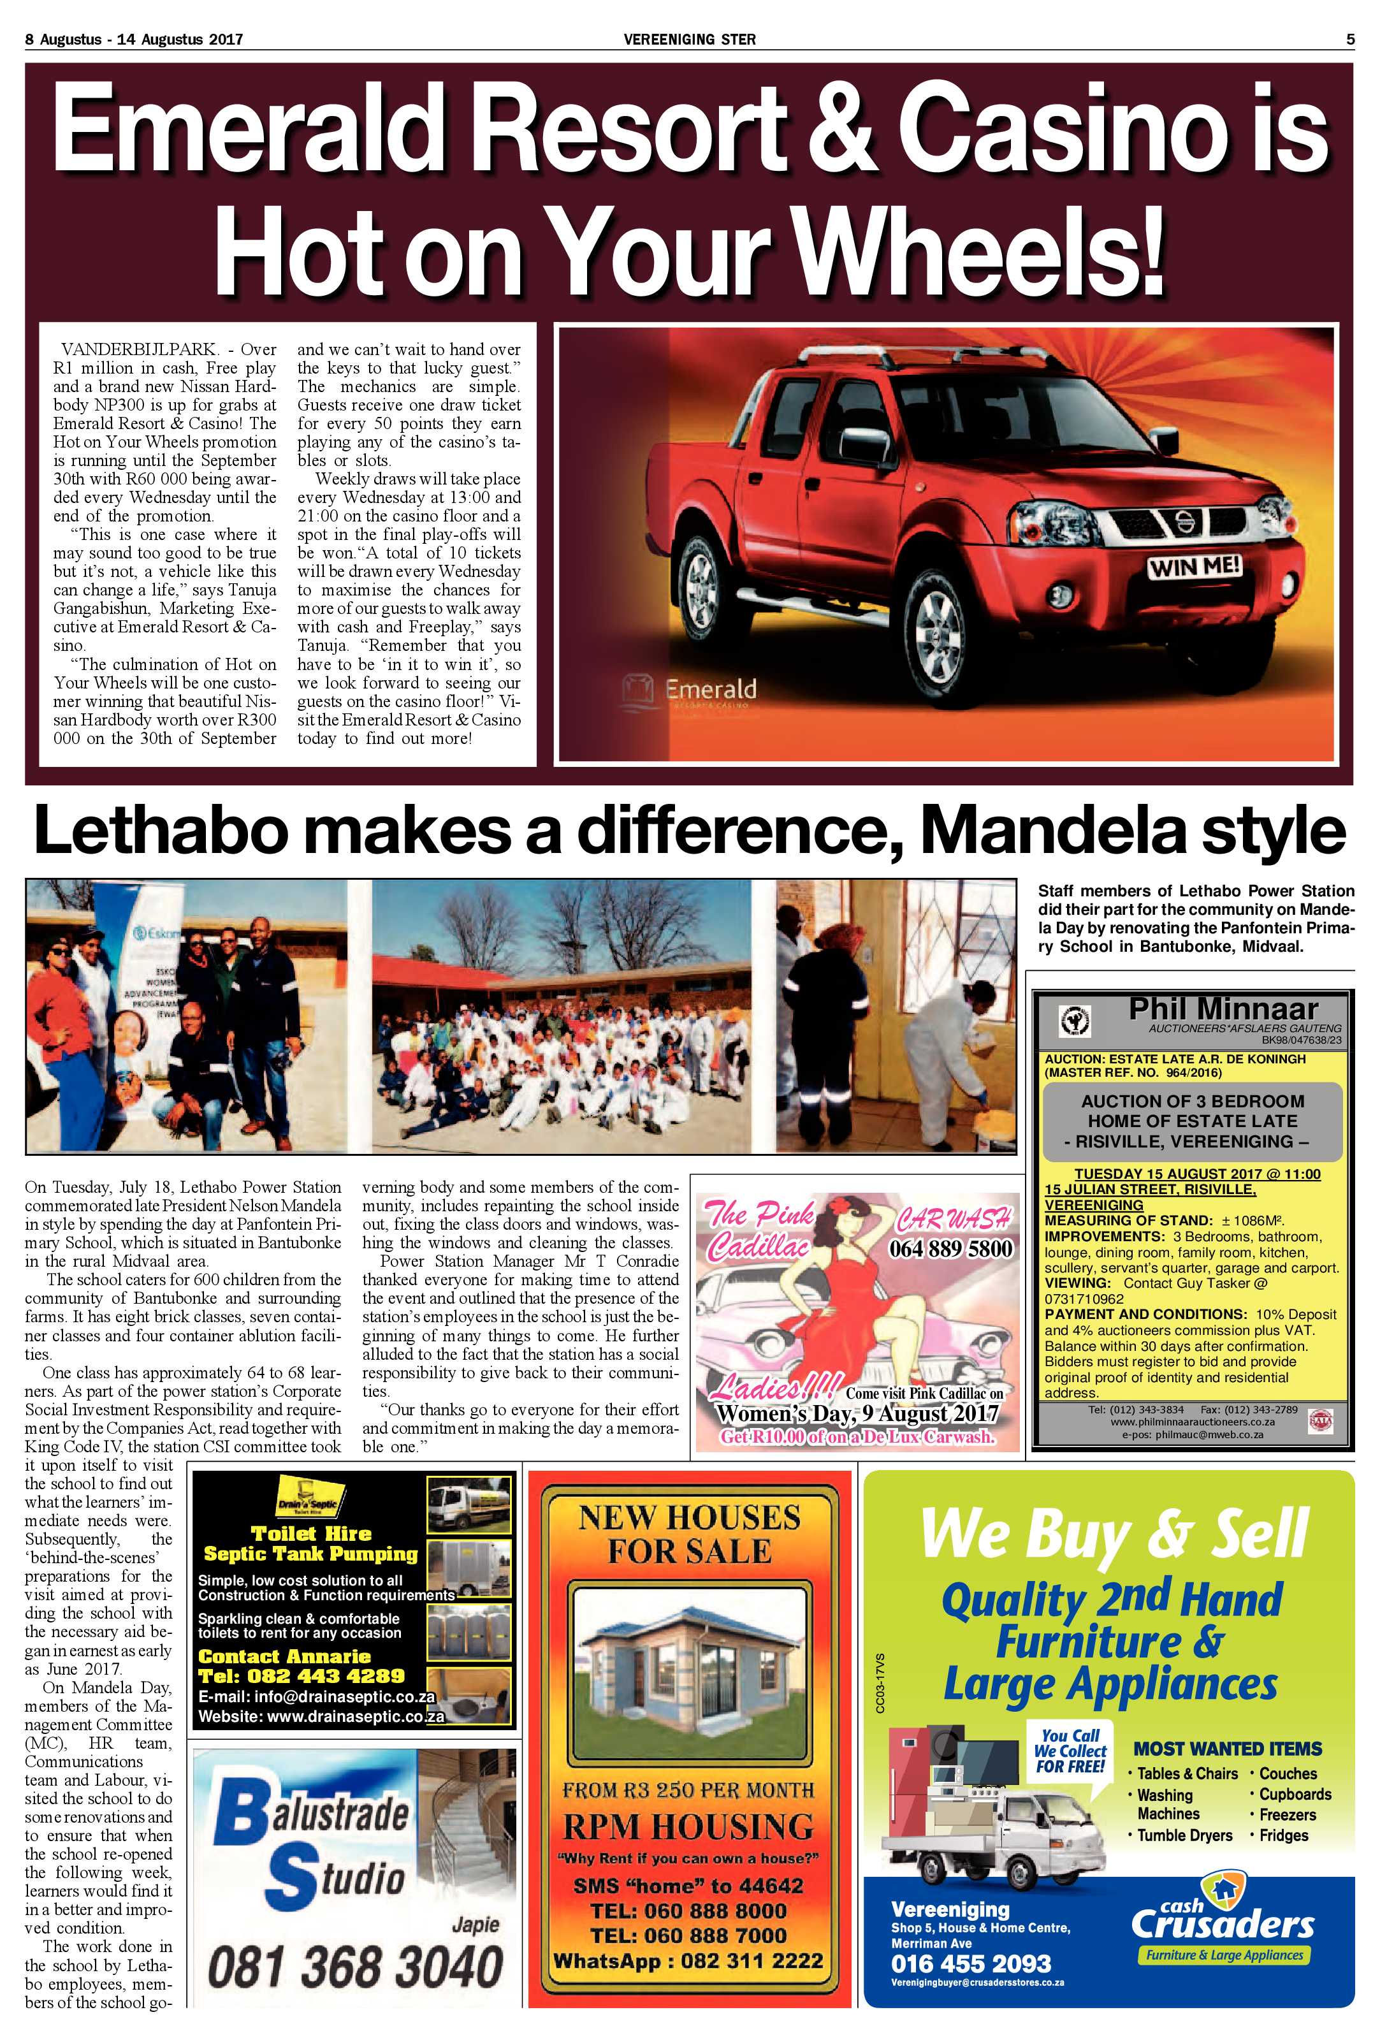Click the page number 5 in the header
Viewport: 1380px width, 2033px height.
pyautogui.click(x=1349, y=38)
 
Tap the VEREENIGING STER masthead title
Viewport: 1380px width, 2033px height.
pyautogui.click(x=689, y=38)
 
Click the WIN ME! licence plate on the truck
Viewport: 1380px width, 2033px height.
pyautogui.click(x=1195, y=567)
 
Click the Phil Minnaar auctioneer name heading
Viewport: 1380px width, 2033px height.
pyautogui.click(x=1222, y=1009)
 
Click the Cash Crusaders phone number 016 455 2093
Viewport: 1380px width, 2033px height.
pyautogui.click(x=971, y=1963)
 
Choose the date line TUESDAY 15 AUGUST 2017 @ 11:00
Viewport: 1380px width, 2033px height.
pyautogui.click(x=1196, y=1174)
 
